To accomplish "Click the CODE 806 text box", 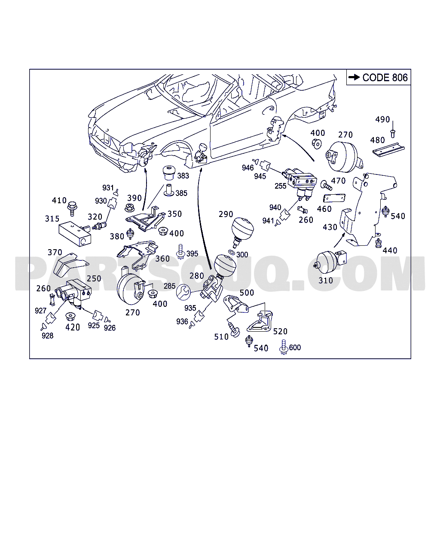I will tap(379, 77).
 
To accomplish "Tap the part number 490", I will tap(382, 119).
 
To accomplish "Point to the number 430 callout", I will tap(330, 227).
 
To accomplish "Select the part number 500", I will tap(247, 293).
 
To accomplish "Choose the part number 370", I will tap(55, 253).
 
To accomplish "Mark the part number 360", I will tap(162, 259).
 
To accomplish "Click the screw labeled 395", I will tap(181, 251).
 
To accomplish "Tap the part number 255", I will tap(281, 186).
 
